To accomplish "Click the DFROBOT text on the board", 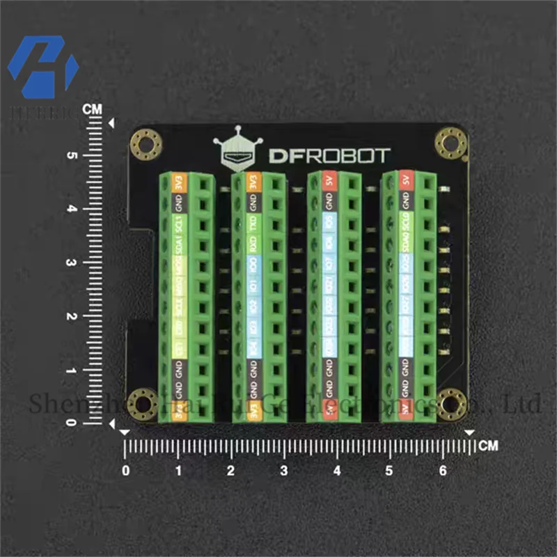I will [330, 155].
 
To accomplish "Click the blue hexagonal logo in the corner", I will [43, 67].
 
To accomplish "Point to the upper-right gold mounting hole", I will [450, 143].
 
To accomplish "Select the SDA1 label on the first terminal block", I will [179, 246].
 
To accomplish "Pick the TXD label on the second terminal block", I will [254, 225].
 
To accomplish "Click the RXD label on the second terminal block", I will [254, 245].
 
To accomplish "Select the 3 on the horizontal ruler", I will [283, 471].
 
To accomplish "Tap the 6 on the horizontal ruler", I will [443, 471].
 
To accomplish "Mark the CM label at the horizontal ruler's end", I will [489, 446].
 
